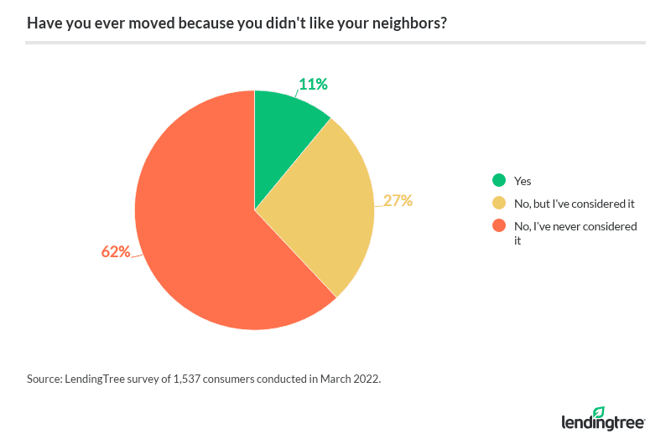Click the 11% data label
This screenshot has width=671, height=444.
click(312, 84)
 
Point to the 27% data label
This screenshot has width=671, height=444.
click(398, 200)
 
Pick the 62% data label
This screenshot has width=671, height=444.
click(116, 251)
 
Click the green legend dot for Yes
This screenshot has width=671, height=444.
click(499, 180)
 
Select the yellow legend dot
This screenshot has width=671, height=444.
click(499, 203)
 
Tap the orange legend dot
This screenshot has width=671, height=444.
click(499, 225)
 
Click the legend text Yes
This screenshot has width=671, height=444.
click(523, 181)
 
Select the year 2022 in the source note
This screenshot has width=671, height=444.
click(365, 379)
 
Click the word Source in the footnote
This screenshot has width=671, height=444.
click(44, 379)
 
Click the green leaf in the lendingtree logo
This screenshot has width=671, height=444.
click(598, 412)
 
